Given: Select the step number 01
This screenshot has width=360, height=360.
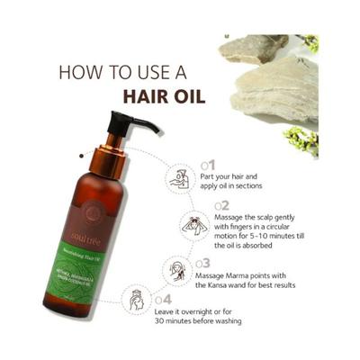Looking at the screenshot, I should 207,165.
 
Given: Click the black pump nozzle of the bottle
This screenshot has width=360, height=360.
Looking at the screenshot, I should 135,122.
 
